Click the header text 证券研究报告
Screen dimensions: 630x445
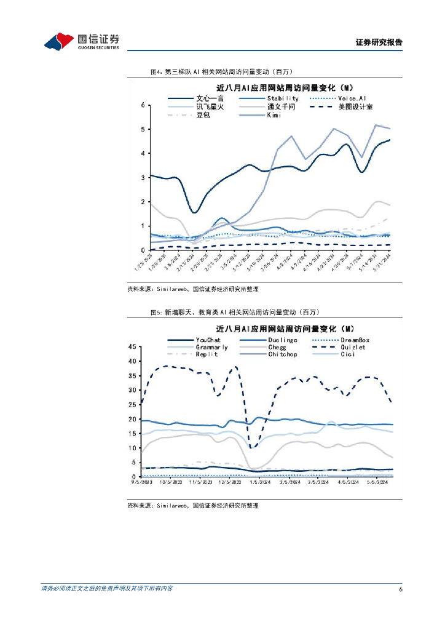[379, 42]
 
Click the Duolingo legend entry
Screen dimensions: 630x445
[282, 340]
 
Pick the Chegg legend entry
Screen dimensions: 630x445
[277, 347]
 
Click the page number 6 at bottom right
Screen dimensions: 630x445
[400, 589]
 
